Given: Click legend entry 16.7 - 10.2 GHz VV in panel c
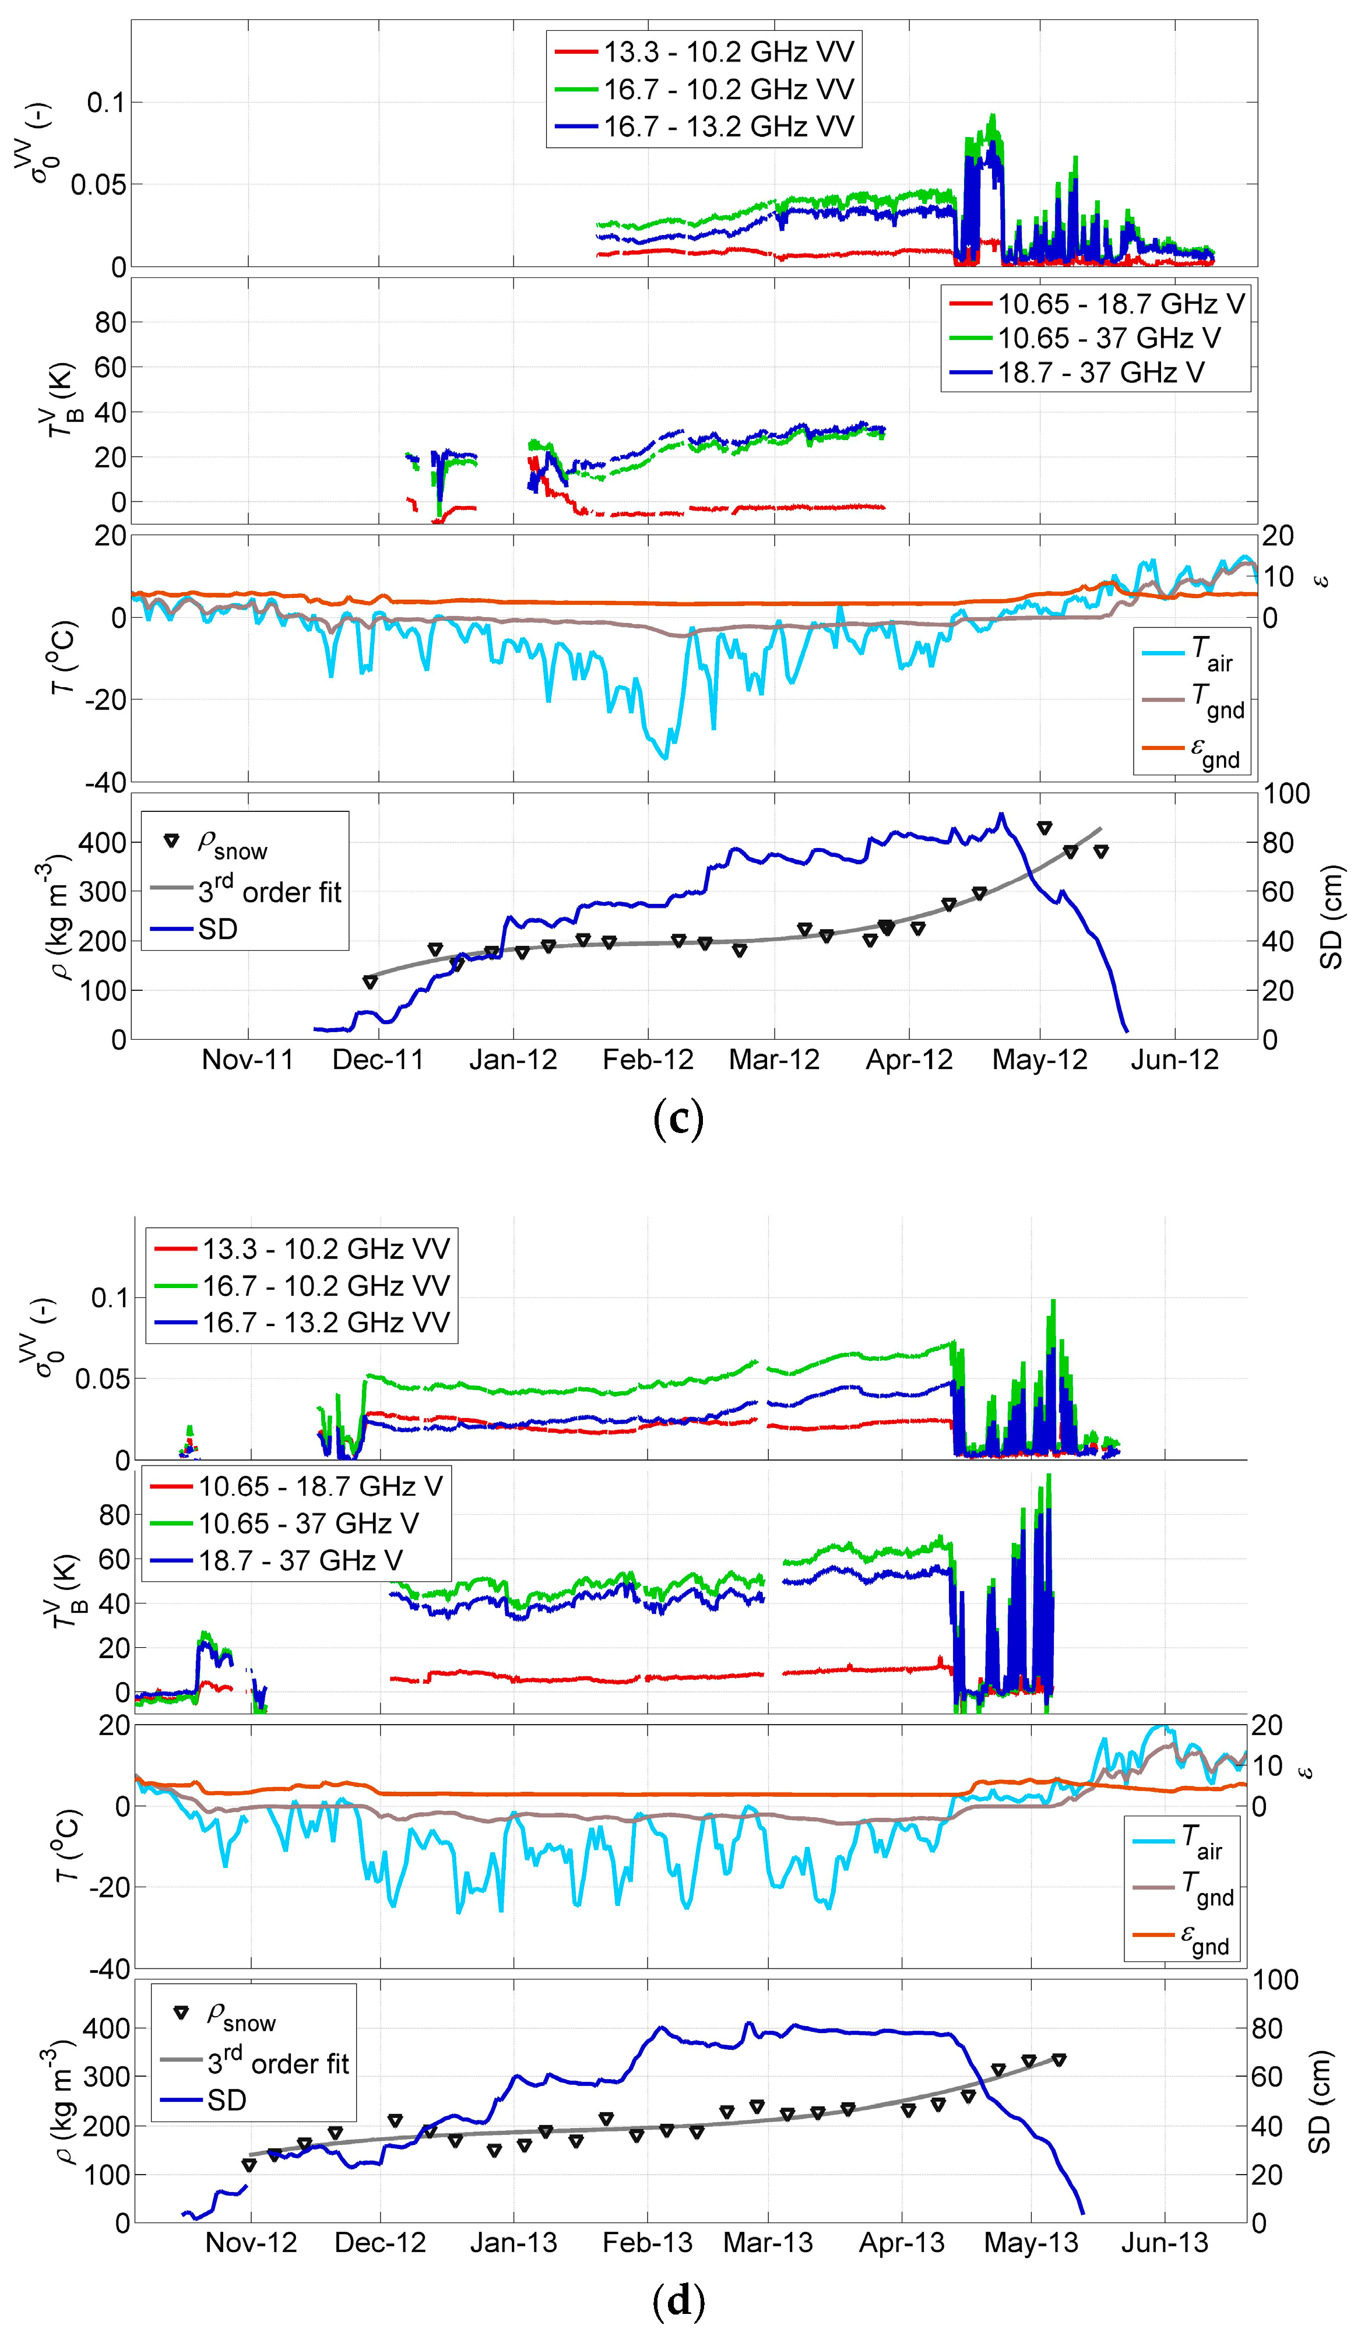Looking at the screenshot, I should click(x=729, y=89).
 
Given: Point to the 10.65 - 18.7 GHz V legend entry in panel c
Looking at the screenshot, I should click(x=1121, y=304).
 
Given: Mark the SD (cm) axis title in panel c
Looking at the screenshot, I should click(x=1331, y=917).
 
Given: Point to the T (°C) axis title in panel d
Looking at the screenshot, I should click(x=66, y=1845).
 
